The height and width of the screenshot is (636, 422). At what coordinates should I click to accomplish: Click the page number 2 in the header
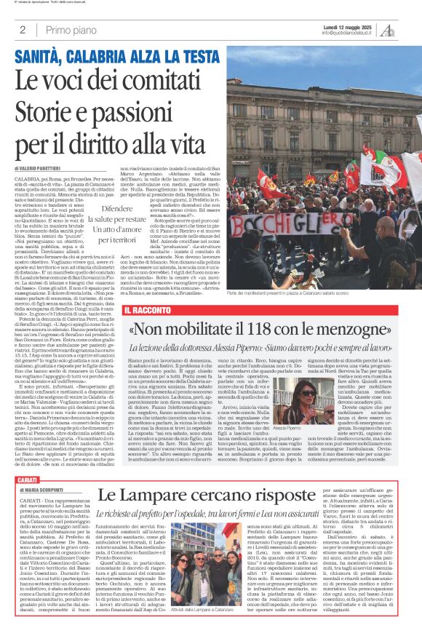pos(23,30)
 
